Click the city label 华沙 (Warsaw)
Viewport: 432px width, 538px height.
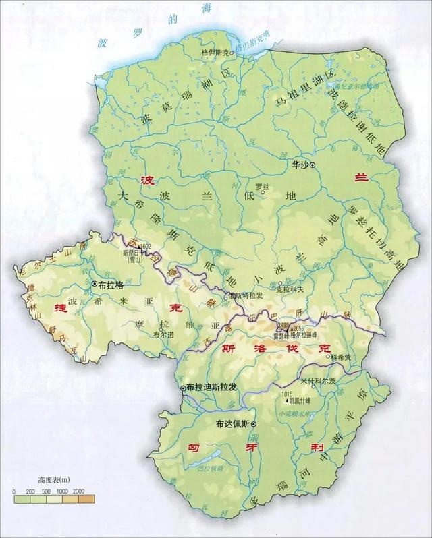coord(299,164)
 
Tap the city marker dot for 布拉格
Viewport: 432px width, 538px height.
coord(94,285)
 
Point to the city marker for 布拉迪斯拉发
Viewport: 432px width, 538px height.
coord(183,388)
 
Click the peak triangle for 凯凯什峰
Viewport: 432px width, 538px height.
coord(289,400)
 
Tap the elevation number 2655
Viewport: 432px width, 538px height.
coord(300,328)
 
